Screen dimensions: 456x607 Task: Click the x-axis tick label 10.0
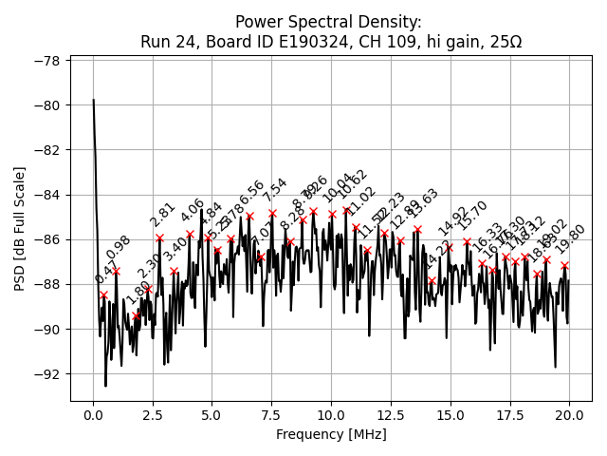331,415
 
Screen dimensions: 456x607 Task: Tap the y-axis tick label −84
48,195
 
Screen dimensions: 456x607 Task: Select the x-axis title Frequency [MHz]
331,434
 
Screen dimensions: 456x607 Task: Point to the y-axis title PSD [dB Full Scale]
20,228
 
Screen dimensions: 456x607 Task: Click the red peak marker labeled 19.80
564,265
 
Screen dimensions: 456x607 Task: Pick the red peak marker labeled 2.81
159,237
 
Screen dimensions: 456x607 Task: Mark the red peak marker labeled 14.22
432,280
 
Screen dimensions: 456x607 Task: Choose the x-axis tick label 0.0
93,415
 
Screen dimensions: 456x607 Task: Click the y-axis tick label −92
48,374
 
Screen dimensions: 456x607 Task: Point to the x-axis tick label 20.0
569,415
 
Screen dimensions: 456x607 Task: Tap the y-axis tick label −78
48,61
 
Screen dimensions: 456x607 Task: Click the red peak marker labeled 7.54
272,214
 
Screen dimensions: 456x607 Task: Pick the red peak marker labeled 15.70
467,241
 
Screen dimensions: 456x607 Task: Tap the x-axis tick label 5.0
212,415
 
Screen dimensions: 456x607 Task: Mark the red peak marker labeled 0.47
103,294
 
